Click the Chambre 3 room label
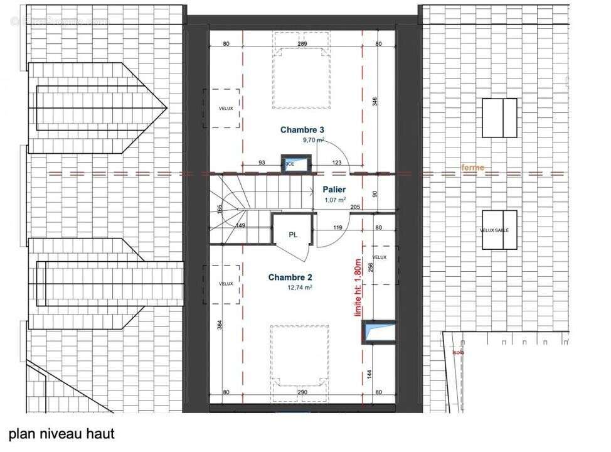tap(302, 130)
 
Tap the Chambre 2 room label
tap(290, 277)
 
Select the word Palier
tap(336, 189)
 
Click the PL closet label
tap(293, 235)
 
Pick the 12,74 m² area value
tap(299, 288)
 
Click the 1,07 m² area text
tap(334, 200)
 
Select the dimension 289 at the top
tap(302, 44)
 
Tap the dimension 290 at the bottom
tap(302, 393)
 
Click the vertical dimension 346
tap(375, 102)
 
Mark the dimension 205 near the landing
tap(355, 208)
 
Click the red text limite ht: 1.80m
tap(359, 288)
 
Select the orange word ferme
tap(472, 168)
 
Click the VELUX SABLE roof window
tap(499, 230)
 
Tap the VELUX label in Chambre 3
tap(226, 109)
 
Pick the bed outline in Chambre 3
tap(301, 78)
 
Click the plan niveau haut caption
tap(61, 434)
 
